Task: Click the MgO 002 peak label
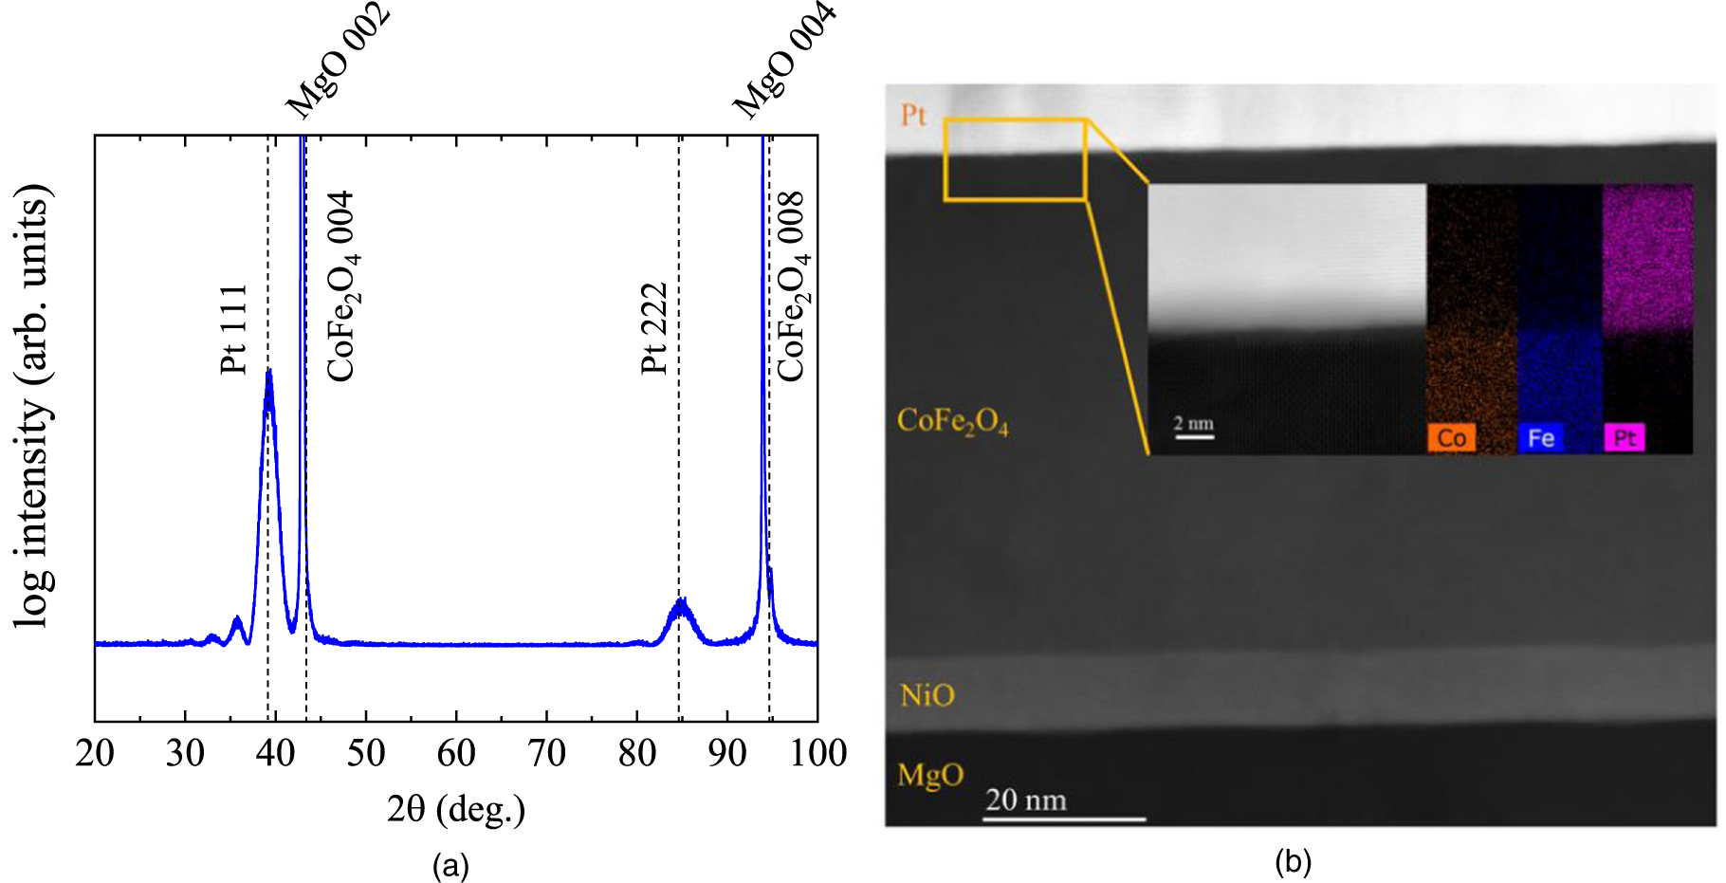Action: [339, 61]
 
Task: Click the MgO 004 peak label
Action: [785, 61]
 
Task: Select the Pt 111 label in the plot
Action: [233, 328]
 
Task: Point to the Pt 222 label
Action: [654, 328]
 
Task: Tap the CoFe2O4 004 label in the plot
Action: [341, 286]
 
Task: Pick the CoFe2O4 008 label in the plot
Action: [792, 286]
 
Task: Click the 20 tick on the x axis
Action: [95, 754]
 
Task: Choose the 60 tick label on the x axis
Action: [456, 754]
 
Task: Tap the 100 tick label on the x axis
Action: [817, 754]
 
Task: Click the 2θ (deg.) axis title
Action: [456, 809]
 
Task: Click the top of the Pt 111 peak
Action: [269, 371]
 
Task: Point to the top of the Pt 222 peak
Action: [681, 600]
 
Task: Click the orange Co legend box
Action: [1451, 438]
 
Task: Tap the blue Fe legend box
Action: [1541, 438]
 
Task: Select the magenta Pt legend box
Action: [1625, 438]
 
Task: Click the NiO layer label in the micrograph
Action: [927, 695]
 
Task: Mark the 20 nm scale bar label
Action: [1025, 800]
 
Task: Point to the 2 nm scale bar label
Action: [1193, 423]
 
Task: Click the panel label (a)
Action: [450, 865]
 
